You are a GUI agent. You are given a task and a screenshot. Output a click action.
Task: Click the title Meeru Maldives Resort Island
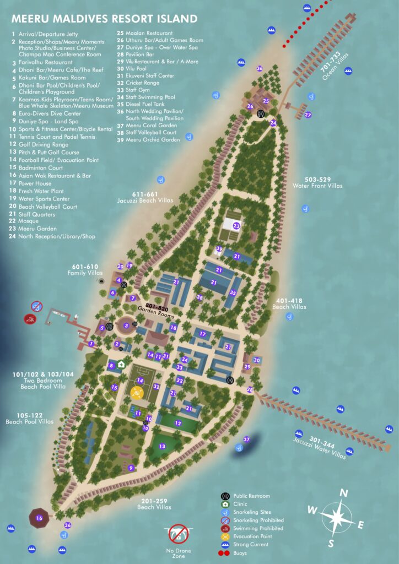click(104, 19)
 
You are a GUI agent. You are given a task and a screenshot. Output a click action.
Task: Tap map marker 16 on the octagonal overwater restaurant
click(39, 518)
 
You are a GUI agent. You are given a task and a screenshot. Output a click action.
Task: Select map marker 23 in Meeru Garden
click(236, 225)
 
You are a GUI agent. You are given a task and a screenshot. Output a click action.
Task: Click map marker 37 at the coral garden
click(247, 439)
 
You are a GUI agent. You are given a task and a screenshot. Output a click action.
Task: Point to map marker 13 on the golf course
click(162, 446)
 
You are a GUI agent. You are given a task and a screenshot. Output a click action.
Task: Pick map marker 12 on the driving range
click(177, 423)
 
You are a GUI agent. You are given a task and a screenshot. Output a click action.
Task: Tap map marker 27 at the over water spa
click(308, 115)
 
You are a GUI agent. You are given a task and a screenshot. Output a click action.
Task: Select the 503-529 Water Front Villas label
click(319, 182)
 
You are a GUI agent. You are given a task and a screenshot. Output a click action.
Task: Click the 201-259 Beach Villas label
click(154, 503)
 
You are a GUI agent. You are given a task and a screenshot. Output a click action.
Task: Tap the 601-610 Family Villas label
click(85, 270)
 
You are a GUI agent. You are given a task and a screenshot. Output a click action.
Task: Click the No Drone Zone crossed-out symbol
click(180, 533)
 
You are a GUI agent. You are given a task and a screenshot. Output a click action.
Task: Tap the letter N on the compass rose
click(343, 493)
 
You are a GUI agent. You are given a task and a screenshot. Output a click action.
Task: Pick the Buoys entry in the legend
click(241, 552)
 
